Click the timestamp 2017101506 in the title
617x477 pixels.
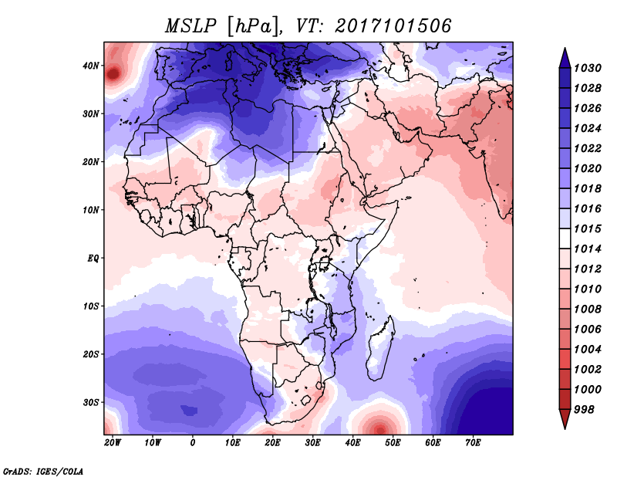[x=393, y=25]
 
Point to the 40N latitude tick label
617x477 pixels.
[x=91, y=66]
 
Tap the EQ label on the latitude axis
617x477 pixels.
[x=93, y=258]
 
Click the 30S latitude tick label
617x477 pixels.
[x=91, y=402]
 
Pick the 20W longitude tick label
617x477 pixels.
[x=113, y=443]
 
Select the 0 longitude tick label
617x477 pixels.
[x=193, y=443]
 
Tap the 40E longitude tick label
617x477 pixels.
[x=352, y=443]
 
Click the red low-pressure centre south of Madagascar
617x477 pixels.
[x=379, y=427]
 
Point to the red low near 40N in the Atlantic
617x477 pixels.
[x=113, y=74]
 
